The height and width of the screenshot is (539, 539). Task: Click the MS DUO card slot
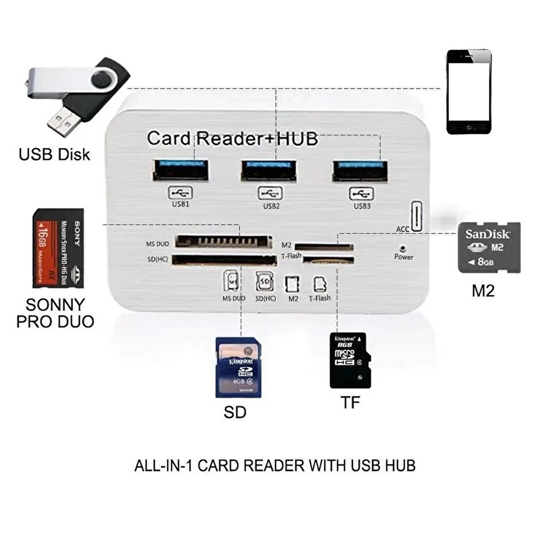coord(223,242)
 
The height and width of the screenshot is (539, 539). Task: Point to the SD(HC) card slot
coord(224,260)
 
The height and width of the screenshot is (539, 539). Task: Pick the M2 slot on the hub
coord(324,247)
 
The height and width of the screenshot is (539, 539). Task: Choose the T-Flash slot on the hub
coord(328,260)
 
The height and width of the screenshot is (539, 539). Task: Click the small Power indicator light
coord(403,248)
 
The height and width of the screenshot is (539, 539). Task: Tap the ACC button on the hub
coord(416,217)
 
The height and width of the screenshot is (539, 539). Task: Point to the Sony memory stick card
coord(58,249)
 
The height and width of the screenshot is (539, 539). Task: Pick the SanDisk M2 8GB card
coord(489,247)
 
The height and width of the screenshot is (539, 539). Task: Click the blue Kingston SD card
coord(238,367)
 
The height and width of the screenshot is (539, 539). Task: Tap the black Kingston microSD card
coord(350,360)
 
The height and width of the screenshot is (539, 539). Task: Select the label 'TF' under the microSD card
coord(350,402)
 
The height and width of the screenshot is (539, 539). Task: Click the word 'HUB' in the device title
coord(297,139)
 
